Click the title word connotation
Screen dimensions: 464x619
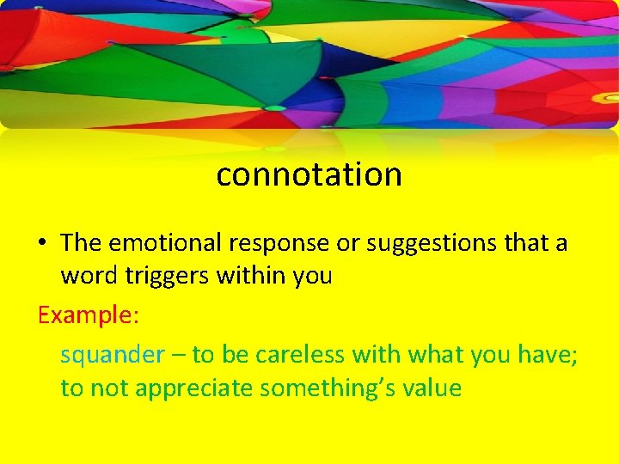click(x=309, y=174)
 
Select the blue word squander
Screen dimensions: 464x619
click(x=112, y=355)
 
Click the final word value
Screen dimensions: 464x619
click(x=429, y=388)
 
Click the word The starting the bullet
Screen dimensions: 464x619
click(x=81, y=243)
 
